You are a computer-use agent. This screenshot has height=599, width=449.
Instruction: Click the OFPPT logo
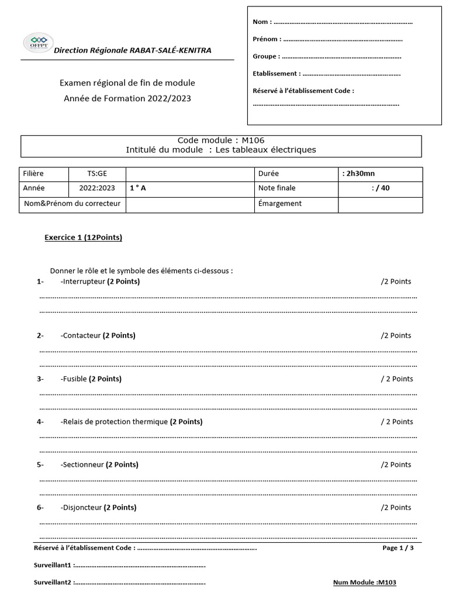pos(37,43)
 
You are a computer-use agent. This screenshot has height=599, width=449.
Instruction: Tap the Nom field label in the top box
pos(261,22)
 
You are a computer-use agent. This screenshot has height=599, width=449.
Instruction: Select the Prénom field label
pos(267,40)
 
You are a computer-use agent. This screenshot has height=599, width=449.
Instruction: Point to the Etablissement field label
pos(277,74)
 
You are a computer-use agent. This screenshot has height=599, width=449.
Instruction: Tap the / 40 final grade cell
pos(381,188)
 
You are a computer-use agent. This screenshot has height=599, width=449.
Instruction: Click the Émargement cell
pos(280,204)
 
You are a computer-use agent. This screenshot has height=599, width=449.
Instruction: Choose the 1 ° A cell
pos(138,188)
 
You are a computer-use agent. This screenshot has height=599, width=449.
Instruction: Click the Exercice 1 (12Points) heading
pos(84,237)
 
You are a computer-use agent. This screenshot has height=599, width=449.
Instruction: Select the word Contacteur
pos(81,336)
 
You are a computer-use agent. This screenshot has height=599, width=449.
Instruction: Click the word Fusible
pos(74,379)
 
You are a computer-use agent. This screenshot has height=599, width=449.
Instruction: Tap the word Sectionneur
pos(82,465)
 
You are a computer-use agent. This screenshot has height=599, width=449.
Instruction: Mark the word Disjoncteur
pos(82,508)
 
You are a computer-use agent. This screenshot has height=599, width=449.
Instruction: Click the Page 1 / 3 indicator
pos(398,548)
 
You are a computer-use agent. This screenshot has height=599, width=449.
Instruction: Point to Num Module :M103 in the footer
pos(365,583)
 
